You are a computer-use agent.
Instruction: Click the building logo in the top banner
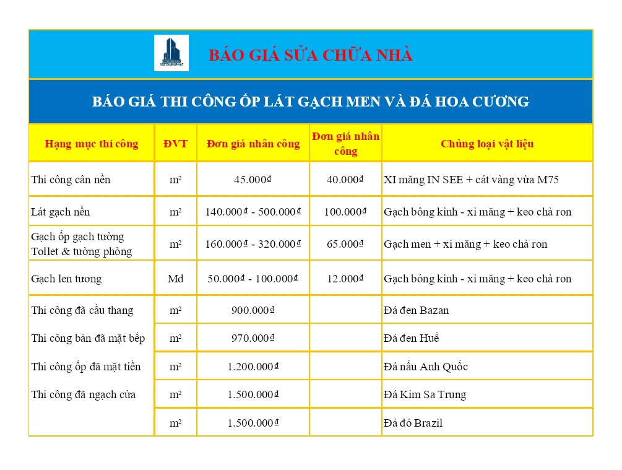[171, 53]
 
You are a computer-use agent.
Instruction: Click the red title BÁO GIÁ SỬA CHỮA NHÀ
[311, 55]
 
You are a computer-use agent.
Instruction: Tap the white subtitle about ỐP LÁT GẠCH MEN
[311, 102]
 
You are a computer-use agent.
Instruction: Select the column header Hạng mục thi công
[92, 144]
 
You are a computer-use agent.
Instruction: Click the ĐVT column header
[175, 144]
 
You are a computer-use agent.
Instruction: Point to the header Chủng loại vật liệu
[487, 144]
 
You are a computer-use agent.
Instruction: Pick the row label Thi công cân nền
[71, 180]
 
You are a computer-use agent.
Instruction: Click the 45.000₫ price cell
[253, 180]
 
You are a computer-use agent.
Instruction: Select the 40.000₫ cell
[345, 180]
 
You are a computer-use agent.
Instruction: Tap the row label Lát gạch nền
[61, 212]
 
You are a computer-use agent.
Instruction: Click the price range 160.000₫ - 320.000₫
[253, 244]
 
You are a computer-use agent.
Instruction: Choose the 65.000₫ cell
[345, 244]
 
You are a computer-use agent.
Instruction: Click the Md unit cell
[175, 279]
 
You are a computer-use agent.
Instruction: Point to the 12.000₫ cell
[345, 279]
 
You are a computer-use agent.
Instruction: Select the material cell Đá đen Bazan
[417, 310]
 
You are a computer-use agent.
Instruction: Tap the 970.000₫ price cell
[253, 338]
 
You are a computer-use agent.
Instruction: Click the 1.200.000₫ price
[253, 367]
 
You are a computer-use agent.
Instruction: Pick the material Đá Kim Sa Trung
[425, 394]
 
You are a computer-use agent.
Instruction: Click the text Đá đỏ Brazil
[413, 424]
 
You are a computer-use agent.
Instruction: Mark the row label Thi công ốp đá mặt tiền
[86, 367]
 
